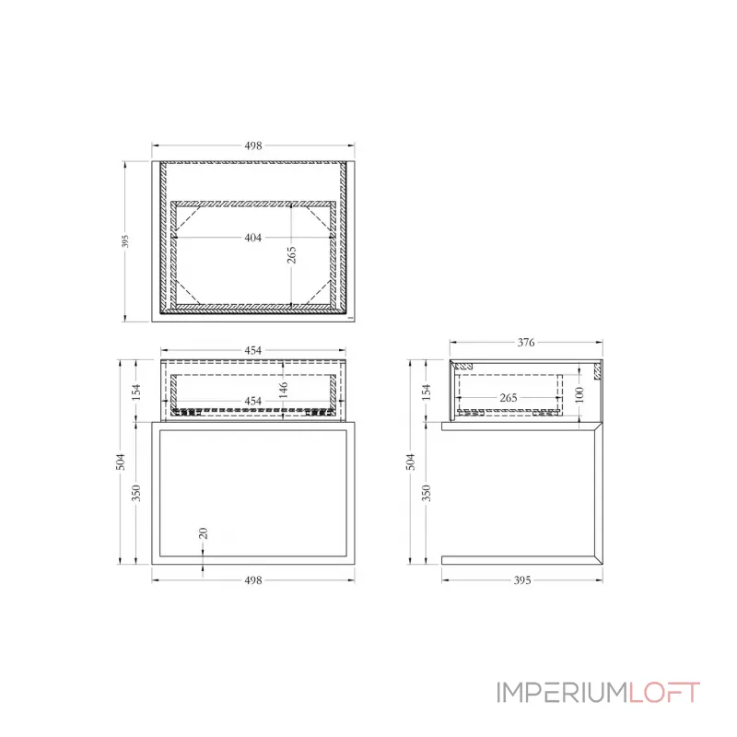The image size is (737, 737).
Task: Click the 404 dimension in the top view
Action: pyautogui.click(x=253, y=238)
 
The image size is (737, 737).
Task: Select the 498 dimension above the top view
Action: pyautogui.click(x=253, y=146)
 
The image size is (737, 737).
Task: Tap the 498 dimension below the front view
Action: pyautogui.click(x=253, y=580)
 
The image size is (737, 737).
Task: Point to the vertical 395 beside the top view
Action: pyautogui.click(x=125, y=241)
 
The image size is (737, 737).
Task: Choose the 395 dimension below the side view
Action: pyautogui.click(x=521, y=580)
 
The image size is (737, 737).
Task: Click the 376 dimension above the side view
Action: pyautogui.click(x=525, y=343)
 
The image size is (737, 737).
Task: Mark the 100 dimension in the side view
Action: pyautogui.click(x=578, y=393)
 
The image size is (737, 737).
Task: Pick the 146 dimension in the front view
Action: pyautogui.click(x=284, y=390)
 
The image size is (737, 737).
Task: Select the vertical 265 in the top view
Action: pyautogui.click(x=292, y=255)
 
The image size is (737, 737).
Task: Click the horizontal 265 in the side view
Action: pyautogui.click(x=508, y=398)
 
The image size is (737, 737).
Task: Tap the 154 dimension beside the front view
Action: pyautogui.click(x=137, y=392)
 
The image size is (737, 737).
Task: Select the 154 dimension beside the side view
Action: pyautogui.click(x=427, y=392)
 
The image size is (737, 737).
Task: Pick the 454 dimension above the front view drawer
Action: pyautogui.click(x=253, y=350)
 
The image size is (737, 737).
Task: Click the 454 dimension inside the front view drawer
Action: pyautogui.click(x=253, y=401)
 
